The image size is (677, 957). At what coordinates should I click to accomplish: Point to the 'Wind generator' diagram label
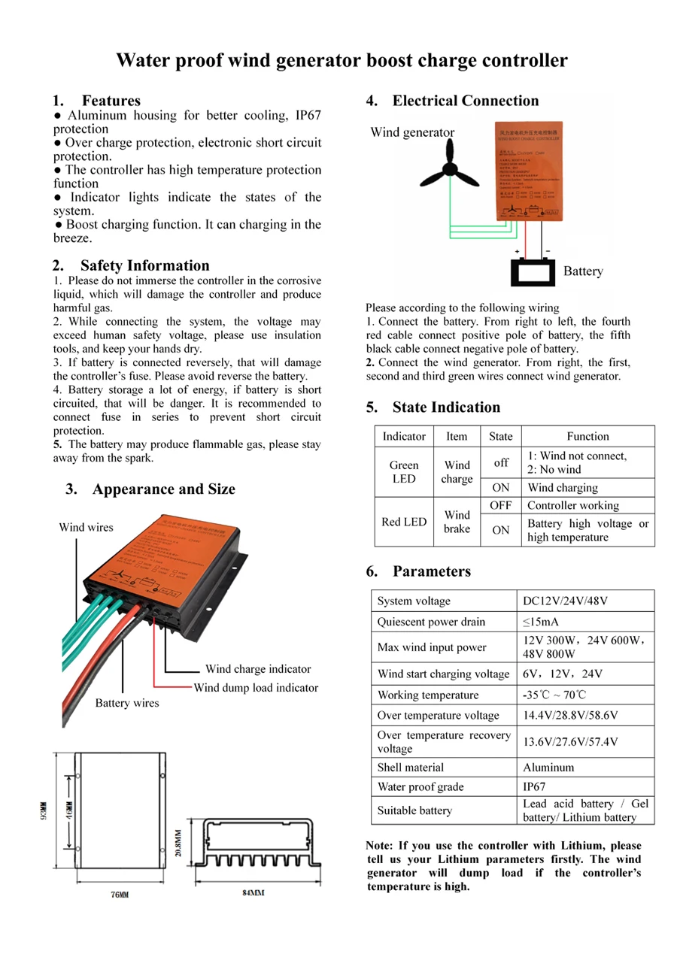[412, 133]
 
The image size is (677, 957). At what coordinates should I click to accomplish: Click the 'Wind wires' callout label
[86, 528]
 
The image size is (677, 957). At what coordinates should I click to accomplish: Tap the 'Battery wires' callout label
[127, 704]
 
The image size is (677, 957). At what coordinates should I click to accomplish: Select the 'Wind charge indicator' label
[258, 669]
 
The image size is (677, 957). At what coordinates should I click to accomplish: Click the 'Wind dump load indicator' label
[256, 688]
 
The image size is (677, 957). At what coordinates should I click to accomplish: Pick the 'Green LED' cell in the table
[404, 472]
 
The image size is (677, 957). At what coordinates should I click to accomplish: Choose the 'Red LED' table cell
[404, 522]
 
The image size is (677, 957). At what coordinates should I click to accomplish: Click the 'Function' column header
[587, 436]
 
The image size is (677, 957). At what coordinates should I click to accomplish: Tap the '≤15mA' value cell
[541, 622]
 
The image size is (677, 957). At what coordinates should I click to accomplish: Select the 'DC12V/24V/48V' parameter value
[565, 601]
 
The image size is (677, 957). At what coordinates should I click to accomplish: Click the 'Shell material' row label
[411, 768]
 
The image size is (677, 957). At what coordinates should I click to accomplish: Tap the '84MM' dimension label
[253, 893]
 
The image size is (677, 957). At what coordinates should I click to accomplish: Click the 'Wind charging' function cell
[563, 488]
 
